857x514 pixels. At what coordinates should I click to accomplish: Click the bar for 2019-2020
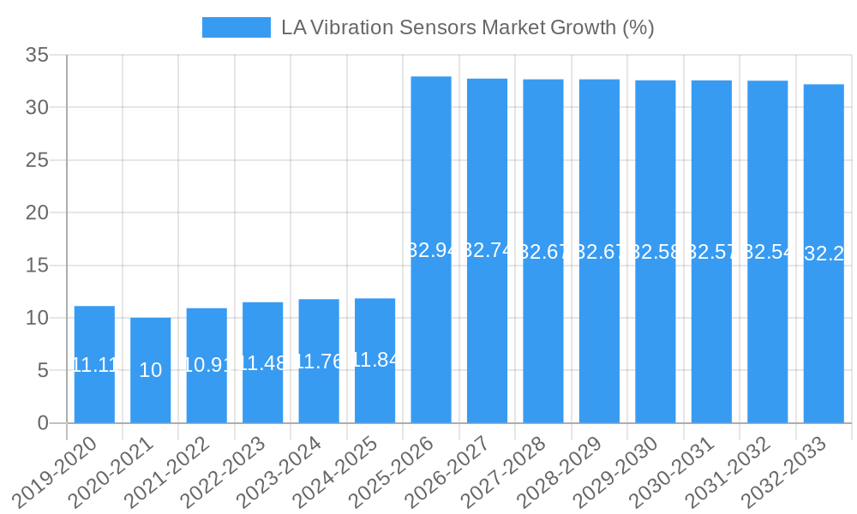[94, 364]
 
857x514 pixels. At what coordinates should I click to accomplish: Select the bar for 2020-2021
[150, 370]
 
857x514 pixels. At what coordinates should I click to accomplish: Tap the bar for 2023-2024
[319, 361]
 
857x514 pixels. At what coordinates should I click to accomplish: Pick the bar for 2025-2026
[431, 249]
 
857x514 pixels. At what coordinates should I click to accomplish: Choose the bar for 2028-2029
[599, 251]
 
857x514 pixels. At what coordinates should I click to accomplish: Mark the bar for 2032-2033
[824, 254]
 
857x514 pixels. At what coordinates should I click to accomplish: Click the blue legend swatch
[236, 27]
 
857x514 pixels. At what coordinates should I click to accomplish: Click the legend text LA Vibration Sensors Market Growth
[467, 27]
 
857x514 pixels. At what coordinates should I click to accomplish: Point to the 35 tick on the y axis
[39, 55]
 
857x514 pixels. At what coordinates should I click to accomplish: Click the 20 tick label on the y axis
[39, 212]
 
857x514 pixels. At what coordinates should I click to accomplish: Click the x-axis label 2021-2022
[166, 471]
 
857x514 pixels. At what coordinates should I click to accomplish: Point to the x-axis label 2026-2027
[446, 471]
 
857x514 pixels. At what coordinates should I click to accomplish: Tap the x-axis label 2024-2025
[334, 471]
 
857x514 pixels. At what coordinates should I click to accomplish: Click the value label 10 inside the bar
[150, 370]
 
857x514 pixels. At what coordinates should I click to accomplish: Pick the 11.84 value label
[375, 360]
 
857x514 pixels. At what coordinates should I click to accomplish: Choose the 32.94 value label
[431, 250]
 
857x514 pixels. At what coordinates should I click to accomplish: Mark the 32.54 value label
[767, 252]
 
